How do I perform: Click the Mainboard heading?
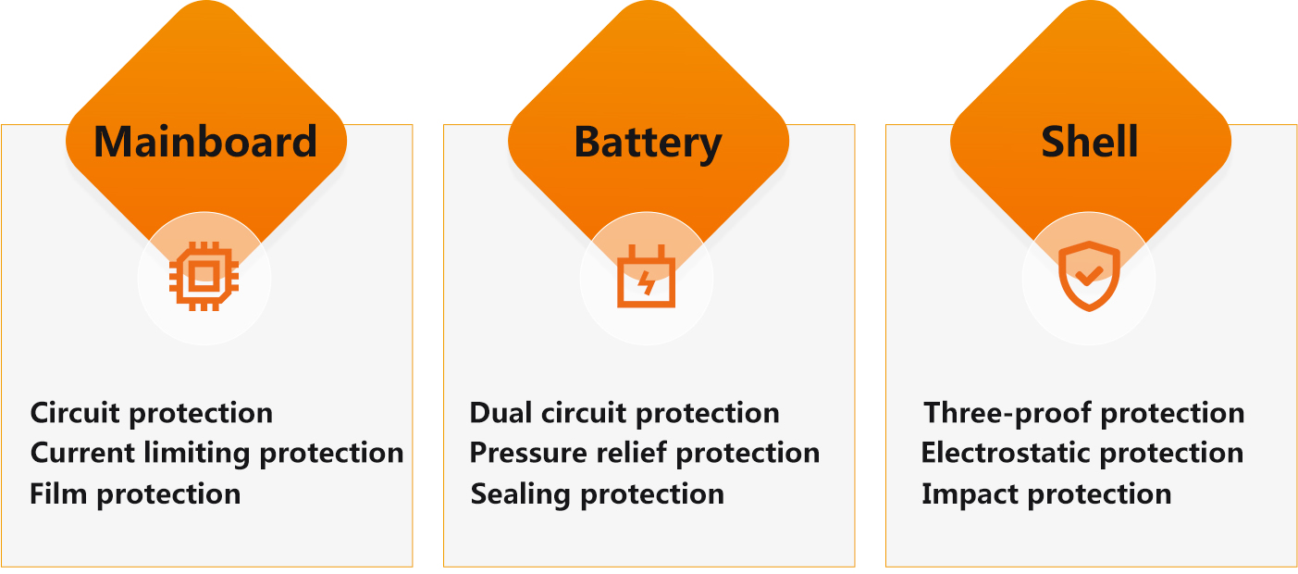[x=205, y=142]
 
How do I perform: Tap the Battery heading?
[x=648, y=143]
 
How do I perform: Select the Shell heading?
[x=1090, y=141]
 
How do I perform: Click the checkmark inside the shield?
[x=1089, y=275]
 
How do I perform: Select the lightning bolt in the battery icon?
[x=646, y=281]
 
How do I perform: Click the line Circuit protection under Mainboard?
[x=151, y=414]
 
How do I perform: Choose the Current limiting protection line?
[x=216, y=454]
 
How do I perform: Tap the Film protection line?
[x=135, y=494]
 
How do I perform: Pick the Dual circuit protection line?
[x=624, y=414]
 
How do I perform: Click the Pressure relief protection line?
[x=644, y=454]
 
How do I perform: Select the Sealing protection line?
[x=598, y=494]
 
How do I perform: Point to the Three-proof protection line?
[x=1084, y=414]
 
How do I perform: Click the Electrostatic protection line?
[x=1082, y=453]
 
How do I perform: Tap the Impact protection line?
[x=1046, y=494]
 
